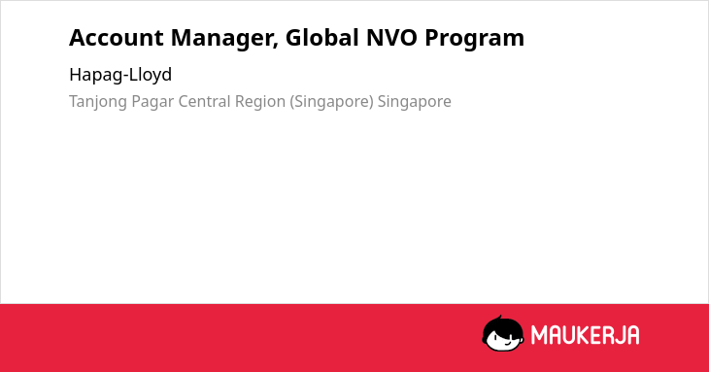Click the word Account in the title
click(117, 38)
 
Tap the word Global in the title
click(322, 37)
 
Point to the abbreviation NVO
click(391, 38)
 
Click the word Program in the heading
click(474, 39)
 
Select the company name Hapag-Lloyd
click(120, 75)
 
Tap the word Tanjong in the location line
click(98, 102)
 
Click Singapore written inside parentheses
click(332, 102)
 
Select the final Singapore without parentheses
click(414, 102)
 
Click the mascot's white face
click(503, 339)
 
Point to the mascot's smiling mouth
click(507, 344)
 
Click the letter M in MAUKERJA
click(539, 335)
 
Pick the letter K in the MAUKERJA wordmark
click(579, 335)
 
